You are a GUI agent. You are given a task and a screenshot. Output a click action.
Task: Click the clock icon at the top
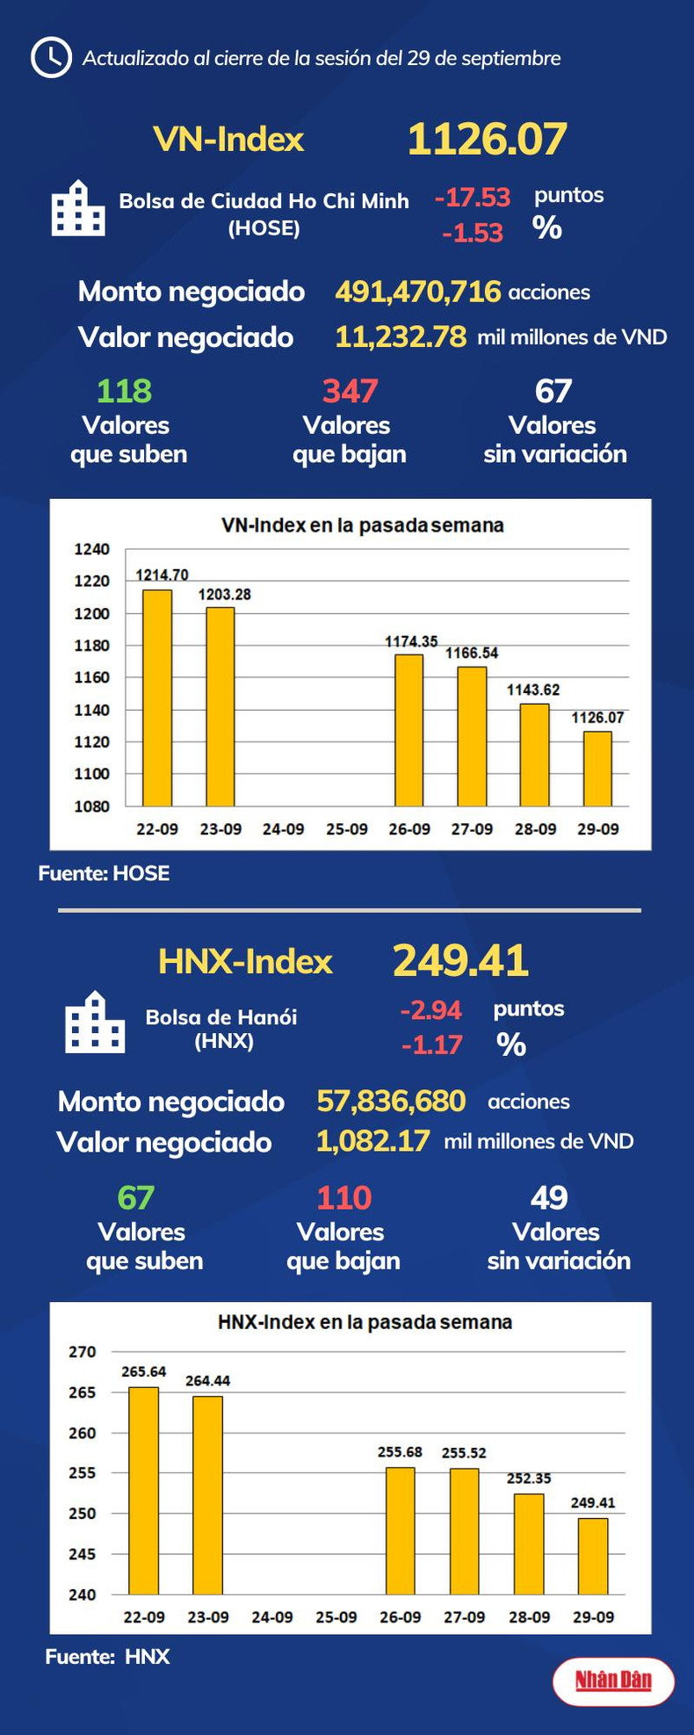point(51,58)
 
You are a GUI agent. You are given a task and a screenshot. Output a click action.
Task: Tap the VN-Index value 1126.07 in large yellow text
point(487,140)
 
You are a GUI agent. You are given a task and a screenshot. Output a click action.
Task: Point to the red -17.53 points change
point(472,197)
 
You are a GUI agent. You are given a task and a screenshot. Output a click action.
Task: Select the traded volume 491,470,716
point(418,292)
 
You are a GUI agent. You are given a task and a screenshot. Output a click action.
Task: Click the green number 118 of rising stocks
point(125,391)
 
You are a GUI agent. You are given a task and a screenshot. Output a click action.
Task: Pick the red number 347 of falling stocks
point(350,391)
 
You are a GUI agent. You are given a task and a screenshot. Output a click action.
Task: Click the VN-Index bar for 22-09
point(157,698)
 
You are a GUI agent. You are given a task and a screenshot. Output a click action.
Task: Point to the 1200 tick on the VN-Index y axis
point(92,613)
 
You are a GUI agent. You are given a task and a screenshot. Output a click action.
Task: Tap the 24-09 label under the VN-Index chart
point(283,829)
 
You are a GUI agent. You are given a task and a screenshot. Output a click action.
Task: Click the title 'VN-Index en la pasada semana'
point(362,525)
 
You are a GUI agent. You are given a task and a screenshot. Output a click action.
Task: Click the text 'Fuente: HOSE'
point(104,873)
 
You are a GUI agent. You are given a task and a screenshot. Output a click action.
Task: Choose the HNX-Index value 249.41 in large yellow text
point(460,960)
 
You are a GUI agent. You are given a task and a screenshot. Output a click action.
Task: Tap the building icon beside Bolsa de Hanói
point(95,1023)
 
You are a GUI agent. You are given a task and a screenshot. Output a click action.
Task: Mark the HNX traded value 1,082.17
point(372,1141)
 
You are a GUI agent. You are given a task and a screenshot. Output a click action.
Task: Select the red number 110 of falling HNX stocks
point(343,1197)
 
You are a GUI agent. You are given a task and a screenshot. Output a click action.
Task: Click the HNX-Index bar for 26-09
point(401,1530)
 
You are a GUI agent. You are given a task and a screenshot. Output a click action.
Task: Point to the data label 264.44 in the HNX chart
point(207,1381)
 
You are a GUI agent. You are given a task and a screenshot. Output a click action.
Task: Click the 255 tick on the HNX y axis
point(83,1473)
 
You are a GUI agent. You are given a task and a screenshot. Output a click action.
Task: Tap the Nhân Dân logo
point(613,1681)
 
